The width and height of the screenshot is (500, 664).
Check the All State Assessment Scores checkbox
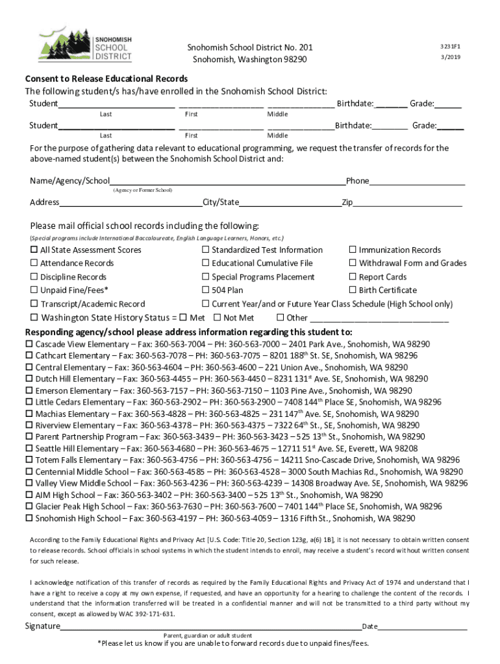(34, 250)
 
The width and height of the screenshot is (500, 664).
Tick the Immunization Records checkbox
(353, 250)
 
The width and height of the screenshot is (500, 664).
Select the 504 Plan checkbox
(206, 290)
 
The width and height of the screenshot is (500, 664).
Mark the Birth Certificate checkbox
(353, 290)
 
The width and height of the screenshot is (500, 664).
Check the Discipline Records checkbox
(34, 277)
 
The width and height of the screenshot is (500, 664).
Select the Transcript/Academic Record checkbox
(34, 304)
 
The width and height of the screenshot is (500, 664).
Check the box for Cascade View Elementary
(29, 344)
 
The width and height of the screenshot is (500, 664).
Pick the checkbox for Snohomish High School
(29, 519)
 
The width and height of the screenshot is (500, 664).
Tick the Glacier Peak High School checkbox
(29, 507)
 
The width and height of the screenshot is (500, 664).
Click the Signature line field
(211, 626)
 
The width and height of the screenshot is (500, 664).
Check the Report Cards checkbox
(353, 277)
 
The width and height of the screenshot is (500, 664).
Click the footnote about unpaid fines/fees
(233, 644)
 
